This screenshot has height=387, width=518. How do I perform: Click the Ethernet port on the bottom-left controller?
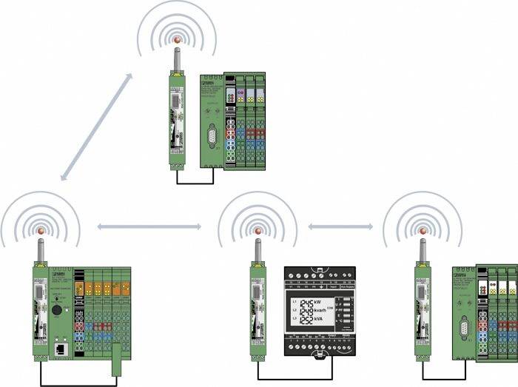pos(58,347)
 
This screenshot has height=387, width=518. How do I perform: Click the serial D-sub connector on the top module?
pos(213,136)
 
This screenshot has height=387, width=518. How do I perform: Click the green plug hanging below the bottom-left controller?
pos(116,367)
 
